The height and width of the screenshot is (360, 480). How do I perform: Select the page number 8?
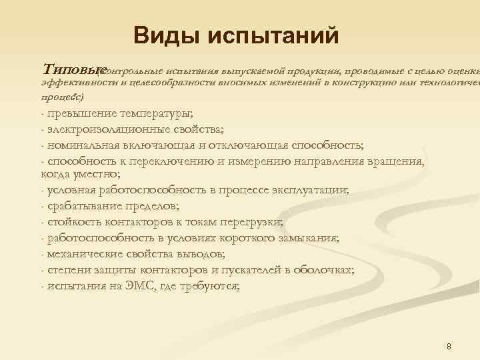click(449, 346)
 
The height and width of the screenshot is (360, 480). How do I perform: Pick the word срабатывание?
click(82, 207)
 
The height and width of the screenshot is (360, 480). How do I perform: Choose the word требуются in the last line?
click(211, 286)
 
